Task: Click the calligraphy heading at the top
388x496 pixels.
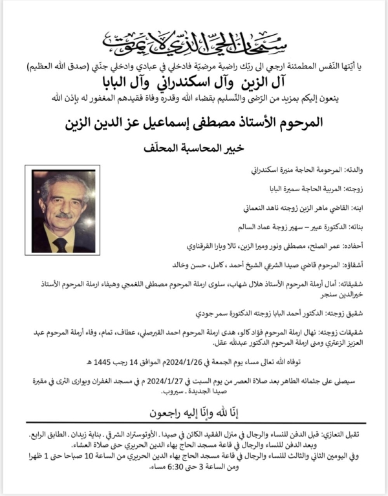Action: point(194,43)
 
